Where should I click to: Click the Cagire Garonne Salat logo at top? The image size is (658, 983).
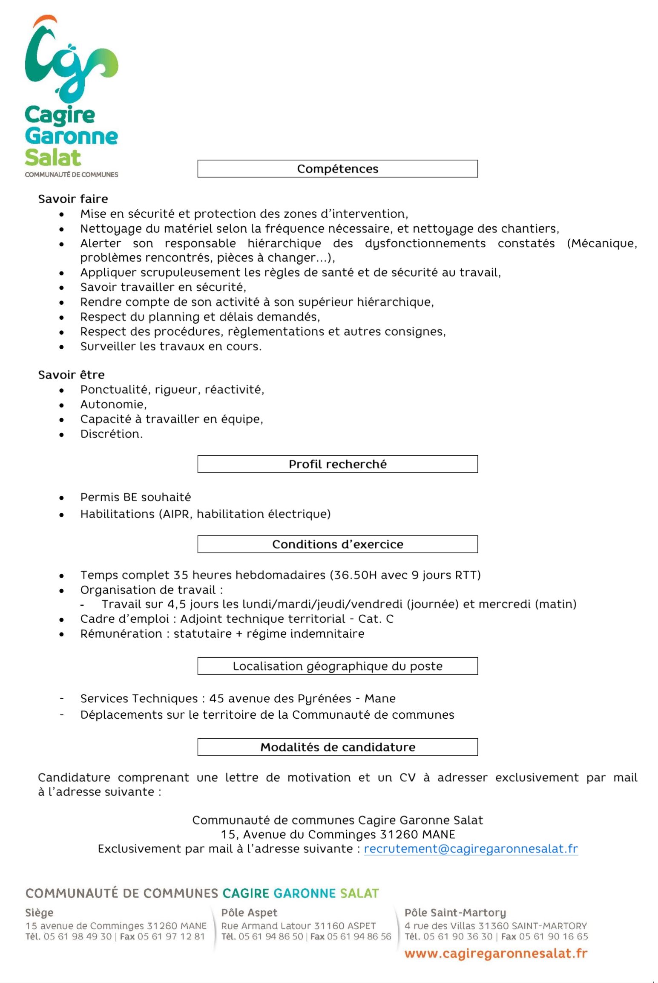point(71,96)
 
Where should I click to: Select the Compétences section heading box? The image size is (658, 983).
point(337,169)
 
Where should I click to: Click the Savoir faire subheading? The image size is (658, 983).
point(73,199)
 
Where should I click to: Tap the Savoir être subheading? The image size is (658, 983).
point(71,375)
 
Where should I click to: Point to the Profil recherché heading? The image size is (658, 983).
point(337,464)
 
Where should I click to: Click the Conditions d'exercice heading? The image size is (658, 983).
point(337,544)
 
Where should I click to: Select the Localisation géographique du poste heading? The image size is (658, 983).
point(337,666)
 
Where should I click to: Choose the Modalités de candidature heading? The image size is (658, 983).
point(337,747)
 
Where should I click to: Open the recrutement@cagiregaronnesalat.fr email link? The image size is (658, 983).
point(471,849)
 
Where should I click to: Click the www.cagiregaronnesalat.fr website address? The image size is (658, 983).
point(496,954)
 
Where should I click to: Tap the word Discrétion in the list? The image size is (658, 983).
point(111,434)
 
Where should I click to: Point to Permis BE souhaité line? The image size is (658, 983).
point(135,497)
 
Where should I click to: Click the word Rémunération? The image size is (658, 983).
point(121,634)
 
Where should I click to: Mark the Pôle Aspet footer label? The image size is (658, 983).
point(249,913)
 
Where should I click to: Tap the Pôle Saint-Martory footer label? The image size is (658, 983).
point(455,913)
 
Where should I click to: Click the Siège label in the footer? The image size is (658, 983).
point(39,913)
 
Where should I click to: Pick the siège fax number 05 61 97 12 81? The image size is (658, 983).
point(171,937)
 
